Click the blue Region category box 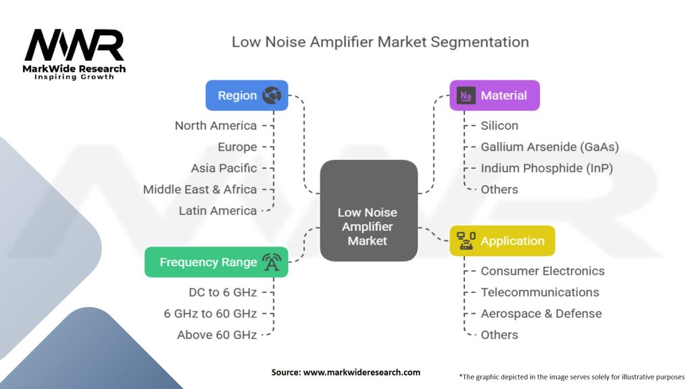(x=247, y=95)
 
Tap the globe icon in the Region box (x=272, y=95)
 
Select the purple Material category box (x=494, y=95)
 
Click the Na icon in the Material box (x=466, y=96)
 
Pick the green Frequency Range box (x=216, y=262)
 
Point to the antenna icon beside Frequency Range (x=272, y=262)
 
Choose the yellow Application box (x=502, y=241)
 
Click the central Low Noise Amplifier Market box (x=368, y=211)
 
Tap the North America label (x=216, y=126)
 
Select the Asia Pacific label (x=224, y=168)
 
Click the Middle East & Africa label (x=200, y=189)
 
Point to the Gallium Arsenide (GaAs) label (x=549, y=147)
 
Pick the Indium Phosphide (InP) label (x=547, y=168)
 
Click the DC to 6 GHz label (x=223, y=292)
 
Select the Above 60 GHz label (x=217, y=335)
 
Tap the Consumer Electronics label (x=543, y=271)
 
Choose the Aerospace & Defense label (x=541, y=313)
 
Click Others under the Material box (x=499, y=189)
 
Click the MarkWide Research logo (x=74, y=54)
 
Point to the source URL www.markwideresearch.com (x=362, y=372)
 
